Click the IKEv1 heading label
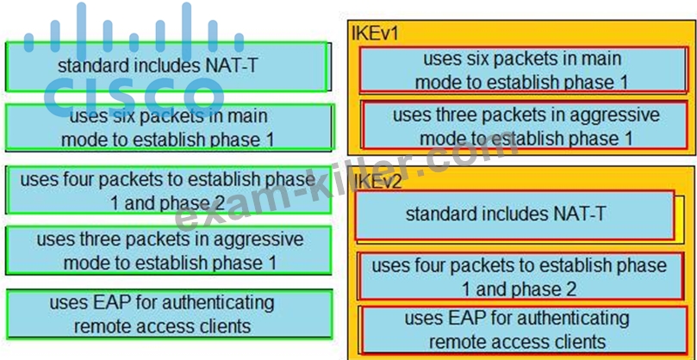point(375,34)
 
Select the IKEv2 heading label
point(378,182)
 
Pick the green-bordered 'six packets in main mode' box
point(169,127)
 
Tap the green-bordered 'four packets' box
point(169,190)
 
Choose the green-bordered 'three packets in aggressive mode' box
point(169,251)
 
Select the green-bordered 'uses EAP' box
point(170,313)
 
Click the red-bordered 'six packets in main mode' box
point(522,70)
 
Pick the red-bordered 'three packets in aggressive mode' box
point(525,126)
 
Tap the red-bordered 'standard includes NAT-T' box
point(514,215)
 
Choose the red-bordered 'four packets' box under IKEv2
point(520,276)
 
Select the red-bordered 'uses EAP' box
point(525,329)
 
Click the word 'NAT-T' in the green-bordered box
point(231,66)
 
